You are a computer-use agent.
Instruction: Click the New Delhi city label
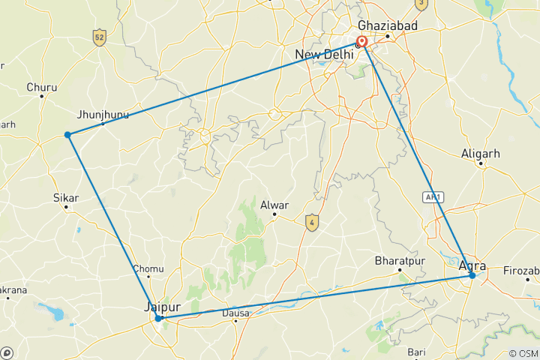323,55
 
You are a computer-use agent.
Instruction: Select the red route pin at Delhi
361,43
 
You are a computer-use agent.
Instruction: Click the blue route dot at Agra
472,276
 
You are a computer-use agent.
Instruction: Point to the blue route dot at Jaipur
159,318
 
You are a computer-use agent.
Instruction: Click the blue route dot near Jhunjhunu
67,135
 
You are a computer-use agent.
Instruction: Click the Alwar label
274,204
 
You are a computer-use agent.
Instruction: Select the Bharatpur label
400,261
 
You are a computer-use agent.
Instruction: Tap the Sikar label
66,198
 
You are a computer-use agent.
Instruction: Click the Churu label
41,87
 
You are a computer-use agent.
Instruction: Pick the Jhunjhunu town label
103,115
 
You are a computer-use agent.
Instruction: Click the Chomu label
147,268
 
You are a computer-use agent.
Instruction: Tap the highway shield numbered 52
99,37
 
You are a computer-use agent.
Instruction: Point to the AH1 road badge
432,197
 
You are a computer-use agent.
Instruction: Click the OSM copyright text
523,353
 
